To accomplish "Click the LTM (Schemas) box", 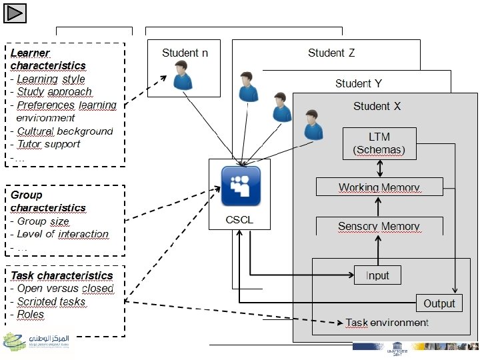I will click(x=379, y=144).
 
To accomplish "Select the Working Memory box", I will click(x=379, y=187).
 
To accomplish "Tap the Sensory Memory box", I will click(x=379, y=227).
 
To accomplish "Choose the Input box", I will click(x=377, y=275).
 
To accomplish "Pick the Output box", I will click(x=439, y=303).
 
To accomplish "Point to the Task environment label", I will click(x=387, y=323).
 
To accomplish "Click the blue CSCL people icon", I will click(x=241, y=186).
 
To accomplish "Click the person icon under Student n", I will click(x=182, y=75).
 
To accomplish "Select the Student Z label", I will click(x=331, y=53).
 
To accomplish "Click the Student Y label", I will click(x=358, y=83).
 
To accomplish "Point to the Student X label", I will click(x=377, y=106).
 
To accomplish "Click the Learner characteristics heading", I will click(x=48, y=59).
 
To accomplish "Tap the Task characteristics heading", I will click(x=61, y=275).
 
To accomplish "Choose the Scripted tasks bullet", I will click(x=51, y=301).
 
